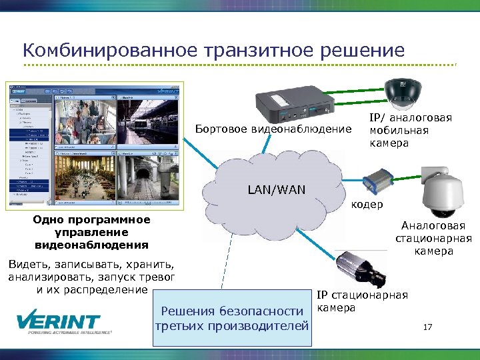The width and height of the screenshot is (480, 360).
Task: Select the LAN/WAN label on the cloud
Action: coord(276,189)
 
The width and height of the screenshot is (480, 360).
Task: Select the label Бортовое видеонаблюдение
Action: coord(273,128)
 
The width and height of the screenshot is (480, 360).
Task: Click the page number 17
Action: coord(428,327)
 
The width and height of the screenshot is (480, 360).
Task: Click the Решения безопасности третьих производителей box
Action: coord(231,318)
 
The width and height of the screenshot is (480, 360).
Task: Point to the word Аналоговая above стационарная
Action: coord(433,226)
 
